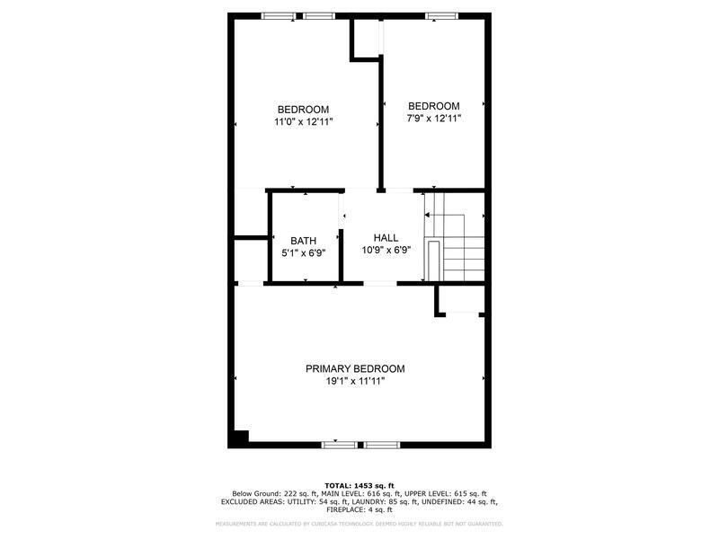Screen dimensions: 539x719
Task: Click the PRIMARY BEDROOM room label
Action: [x=354, y=368]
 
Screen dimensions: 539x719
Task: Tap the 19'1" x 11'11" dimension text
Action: [x=354, y=381]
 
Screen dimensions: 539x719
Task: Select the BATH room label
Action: [x=303, y=240]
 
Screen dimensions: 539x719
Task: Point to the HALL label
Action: [x=386, y=237]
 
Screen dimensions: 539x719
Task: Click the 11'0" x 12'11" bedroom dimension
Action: [x=304, y=121]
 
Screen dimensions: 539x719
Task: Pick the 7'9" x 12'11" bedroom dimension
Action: [x=433, y=118]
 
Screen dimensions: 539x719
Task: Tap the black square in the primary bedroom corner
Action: [x=240, y=437]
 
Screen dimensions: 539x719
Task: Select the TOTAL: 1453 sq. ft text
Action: [x=359, y=485]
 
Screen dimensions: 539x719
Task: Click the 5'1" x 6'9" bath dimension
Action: [x=303, y=252]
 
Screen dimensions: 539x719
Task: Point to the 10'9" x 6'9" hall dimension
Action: [x=386, y=250]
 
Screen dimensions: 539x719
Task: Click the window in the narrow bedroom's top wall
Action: [x=440, y=15]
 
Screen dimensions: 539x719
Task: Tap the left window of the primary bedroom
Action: [x=337, y=444]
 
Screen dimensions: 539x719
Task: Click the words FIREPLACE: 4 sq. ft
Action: [x=359, y=509]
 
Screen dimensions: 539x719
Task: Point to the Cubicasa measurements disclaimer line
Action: [x=359, y=523]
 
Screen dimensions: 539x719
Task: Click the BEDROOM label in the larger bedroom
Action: [x=303, y=109]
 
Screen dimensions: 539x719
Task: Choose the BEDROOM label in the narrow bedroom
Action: [x=433, y=105]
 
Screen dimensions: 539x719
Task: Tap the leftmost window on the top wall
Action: [x=277, y=15]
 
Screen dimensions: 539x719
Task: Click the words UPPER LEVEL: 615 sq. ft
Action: [x=453, y=493]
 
